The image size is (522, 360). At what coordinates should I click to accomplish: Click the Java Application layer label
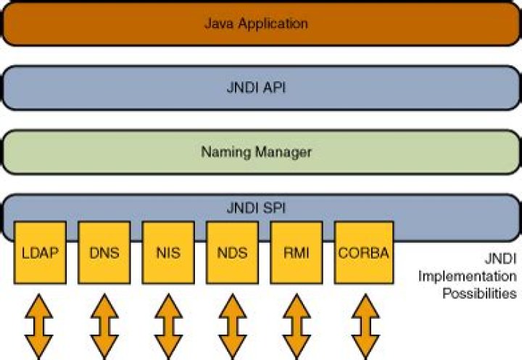(256, 24)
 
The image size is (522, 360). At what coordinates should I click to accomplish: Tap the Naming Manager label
(256, 152)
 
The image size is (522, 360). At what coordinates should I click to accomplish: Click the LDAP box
(41, 253)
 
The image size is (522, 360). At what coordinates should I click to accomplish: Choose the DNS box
(104, 253)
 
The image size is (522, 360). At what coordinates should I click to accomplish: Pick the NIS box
(168, 253)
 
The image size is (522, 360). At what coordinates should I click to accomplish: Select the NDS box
(232, 253)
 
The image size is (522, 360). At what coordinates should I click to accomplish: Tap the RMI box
(296, 253)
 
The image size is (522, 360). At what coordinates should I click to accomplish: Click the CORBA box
(363, 253)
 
